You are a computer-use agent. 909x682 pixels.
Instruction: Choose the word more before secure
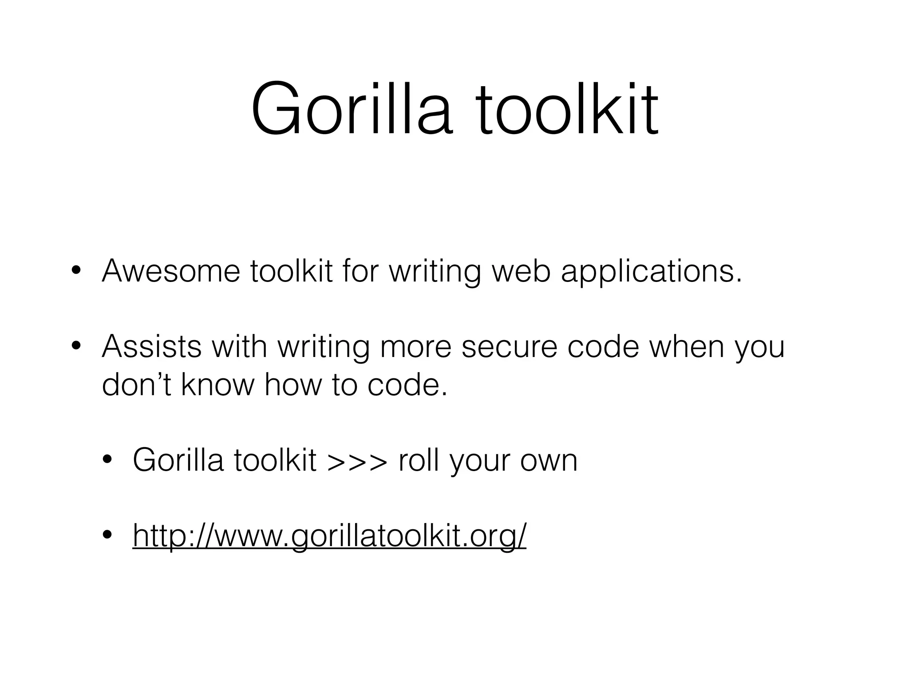415,347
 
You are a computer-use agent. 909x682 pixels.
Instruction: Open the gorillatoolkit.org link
329,536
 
